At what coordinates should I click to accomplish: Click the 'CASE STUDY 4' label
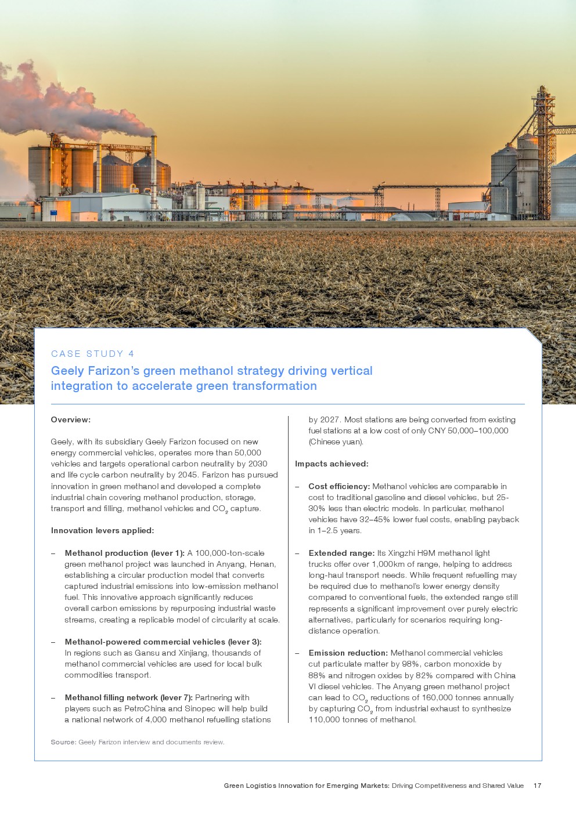pyautogui.click(x=93, y=354)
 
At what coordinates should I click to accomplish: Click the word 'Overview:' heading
pyautogui.click(x=71, y=419)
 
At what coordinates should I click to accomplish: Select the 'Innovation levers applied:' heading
pyautogui.click(x=102, y=530)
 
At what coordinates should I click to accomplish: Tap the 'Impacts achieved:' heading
pyautogui.click(x=332, y=464)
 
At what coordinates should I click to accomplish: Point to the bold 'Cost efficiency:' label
pyautogui.click(x=339, y=486)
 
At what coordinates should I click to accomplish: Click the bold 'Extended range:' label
pyautogui.click(x=341, y=553)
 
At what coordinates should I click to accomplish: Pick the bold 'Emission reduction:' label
pyautogui.click(x=348, y=653)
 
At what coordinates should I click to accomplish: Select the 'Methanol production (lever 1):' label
pyautogui.click(x=124, y=553)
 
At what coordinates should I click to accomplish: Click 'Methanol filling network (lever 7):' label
pyautogui.click(x=128, y=697)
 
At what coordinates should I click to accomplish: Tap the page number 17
pyautogui.click(x=537, y=786)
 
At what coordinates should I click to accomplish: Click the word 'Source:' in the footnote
pyautogui.click(x=63, y=742)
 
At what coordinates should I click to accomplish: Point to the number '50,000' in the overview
pyautogui.click(x=248, y=453)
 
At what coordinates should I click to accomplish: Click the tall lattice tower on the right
pyautogui.click(x=543, y=151)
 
